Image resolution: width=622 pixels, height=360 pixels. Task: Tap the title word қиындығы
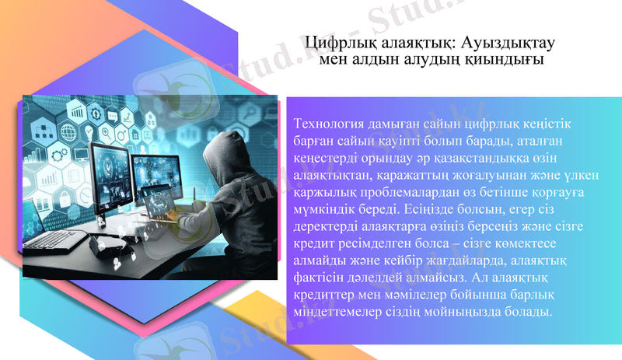pos(507,59)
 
